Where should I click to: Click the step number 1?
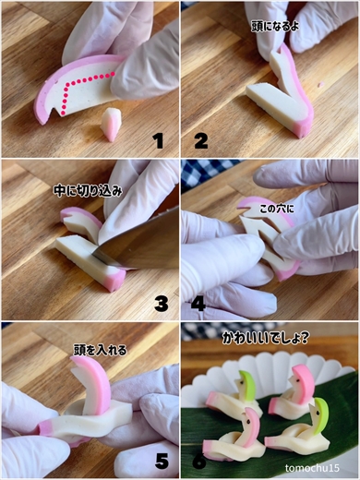click(x=158, y=140)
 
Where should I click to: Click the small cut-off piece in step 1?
click(x=111, y=123)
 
